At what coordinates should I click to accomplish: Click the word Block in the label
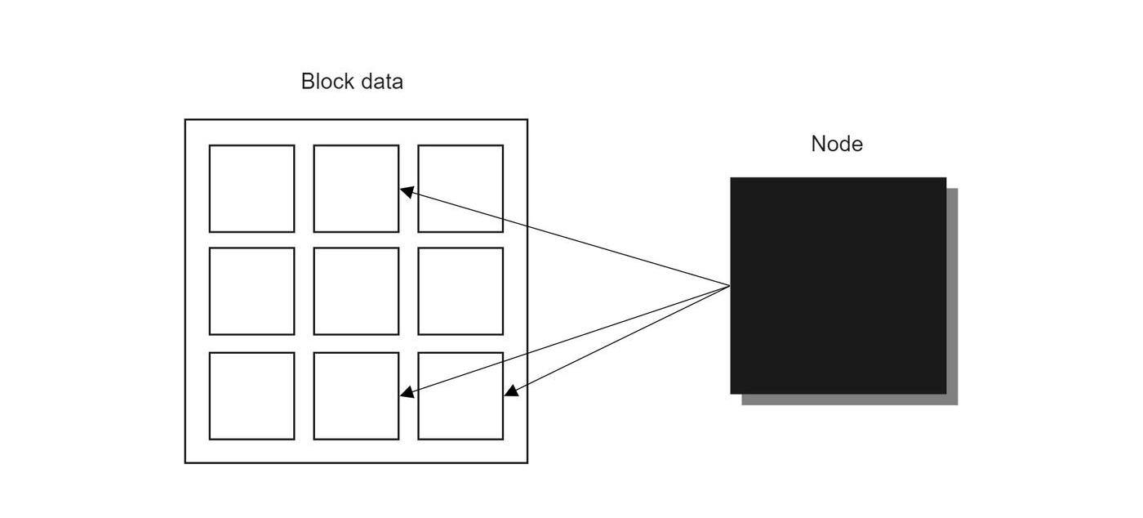pyautogui.click(x=327, y=82)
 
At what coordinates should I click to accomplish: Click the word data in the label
pyautogui.click(x=380, y=82)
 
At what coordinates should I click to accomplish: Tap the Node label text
pyautogui.click(x=837, y=144)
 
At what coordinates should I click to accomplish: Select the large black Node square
pyautogui.click(x=838, y=285)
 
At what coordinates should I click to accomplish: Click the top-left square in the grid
pyautogui.click(x=251, y=189)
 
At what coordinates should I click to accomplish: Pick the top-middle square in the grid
pyautogui.click(x=356, y=189)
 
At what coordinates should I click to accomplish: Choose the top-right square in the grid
pyautogui.click(x=460, y=189)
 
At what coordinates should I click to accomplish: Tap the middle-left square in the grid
pyautogui.click(x=251, y=291)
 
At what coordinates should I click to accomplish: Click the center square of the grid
pyautogui.click(x=356, y=291)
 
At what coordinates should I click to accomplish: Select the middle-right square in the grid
pyautogui.click(x=460, y=291)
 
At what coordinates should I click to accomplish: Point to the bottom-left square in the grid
pyautogui.click(x=251, y=395)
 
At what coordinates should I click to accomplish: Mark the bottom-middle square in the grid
pyautogui.click(x=356, y=395)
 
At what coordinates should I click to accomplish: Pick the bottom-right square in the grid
pyautogui.click(x=460, y=395)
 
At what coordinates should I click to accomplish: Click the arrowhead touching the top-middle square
pyautogui.click(x=406, y=191)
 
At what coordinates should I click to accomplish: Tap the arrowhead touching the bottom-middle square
pyautogui.click(x=406, y=393)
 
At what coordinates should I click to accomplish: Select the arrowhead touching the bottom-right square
pyautogui.click(x=510, y=391)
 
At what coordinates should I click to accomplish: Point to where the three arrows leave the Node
pyautogui.click(x=729, y=286)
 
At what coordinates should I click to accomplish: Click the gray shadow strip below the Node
pyautogui.click(x=849, y=400)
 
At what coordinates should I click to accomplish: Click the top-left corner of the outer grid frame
pyautogui.click(x=185, y=120)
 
